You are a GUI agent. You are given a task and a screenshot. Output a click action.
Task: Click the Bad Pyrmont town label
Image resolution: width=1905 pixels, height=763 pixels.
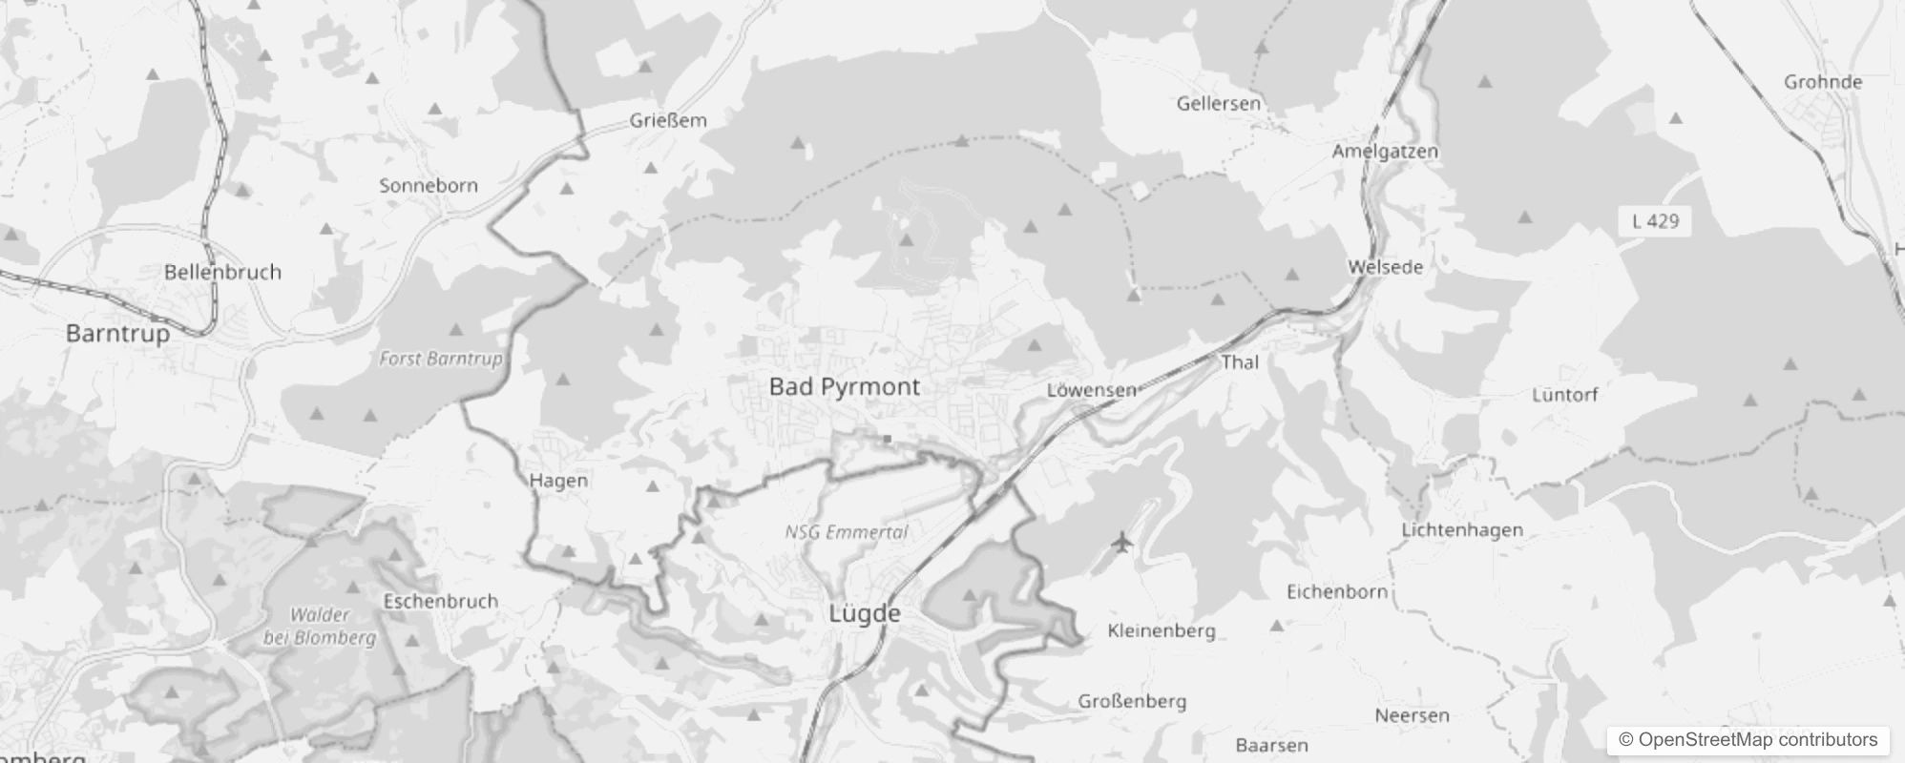click(x=845, y=386)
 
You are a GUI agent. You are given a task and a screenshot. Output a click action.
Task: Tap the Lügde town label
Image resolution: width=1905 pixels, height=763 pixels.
click(x=865, y=613)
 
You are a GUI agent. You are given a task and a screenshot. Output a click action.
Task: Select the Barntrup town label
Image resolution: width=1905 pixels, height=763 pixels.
click(x=117, y=333)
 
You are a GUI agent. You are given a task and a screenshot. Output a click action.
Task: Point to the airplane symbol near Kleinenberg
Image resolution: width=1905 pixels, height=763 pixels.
click(x=1121, y=543)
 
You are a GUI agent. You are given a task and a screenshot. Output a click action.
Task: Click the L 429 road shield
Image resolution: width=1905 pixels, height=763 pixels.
click(x=1655, y=221)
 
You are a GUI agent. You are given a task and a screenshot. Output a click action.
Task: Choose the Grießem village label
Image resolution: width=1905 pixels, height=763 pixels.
click(x=668, y=120)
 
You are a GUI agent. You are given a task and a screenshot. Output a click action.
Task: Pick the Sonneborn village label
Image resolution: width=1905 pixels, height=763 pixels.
click(x=429, y=185)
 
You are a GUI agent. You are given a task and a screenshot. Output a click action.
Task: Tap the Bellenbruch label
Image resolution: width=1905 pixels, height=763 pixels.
click(x=222, y=272)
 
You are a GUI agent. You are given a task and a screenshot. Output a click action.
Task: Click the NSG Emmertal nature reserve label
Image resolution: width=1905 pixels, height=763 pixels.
click(x=847, y=532)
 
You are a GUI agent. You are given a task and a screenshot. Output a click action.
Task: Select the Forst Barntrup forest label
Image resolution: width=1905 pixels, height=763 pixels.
click(x=440, y=359)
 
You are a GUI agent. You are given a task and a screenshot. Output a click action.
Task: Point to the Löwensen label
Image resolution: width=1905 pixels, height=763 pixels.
click(x=1092, y=390)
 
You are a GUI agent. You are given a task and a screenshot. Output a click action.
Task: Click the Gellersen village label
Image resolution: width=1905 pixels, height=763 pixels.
click(x=1219, y=103)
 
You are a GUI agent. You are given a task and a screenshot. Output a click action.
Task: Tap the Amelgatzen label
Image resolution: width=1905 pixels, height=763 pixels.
click(x=1385, y=151)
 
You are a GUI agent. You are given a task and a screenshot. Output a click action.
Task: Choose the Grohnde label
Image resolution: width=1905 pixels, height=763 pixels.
click(x=1823, y=82)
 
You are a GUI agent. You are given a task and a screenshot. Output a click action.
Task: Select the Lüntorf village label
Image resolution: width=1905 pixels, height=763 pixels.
click(x=1564, y=394)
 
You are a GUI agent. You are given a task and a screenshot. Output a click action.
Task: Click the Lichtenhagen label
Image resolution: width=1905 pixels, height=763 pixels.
click(x=1462, y=529)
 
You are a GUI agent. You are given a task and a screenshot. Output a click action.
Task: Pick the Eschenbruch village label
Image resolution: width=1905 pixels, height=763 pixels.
click(x=440, y=601)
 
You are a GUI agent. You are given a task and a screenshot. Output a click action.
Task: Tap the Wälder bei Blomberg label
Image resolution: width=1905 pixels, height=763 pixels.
click(x=320, y=627)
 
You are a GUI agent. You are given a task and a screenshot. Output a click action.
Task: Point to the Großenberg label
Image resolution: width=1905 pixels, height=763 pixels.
click(x=1132, y=701)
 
